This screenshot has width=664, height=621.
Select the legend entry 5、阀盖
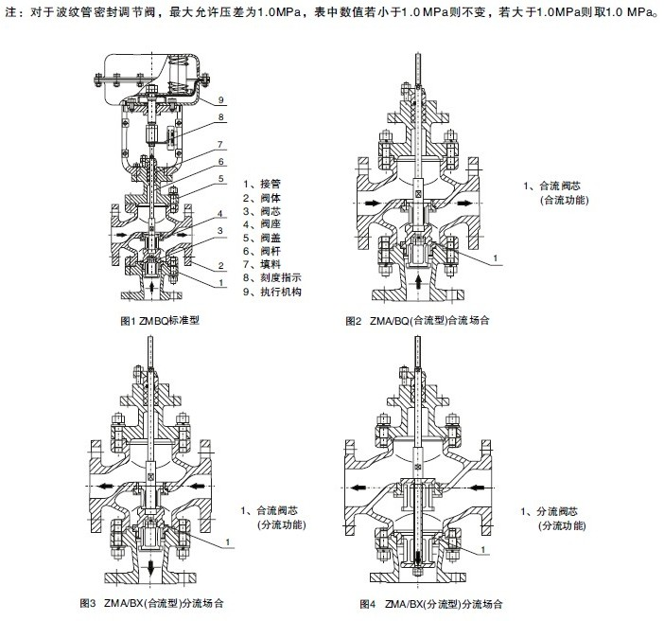click(x=261, y=239)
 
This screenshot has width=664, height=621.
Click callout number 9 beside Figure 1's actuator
click(x=219, y=99)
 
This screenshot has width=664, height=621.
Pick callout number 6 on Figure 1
click(x=219, y=162)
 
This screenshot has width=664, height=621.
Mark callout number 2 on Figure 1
click(x=219, y=266)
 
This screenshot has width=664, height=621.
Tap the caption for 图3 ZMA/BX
click(x=152, y=602)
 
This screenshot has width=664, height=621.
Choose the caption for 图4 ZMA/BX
click(x=430, y=602)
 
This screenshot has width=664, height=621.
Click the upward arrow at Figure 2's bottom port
click(x=420, y=281)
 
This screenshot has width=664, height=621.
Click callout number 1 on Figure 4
click(x=485, y=550)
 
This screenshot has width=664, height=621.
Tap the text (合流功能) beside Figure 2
click(x=564, y=202)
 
